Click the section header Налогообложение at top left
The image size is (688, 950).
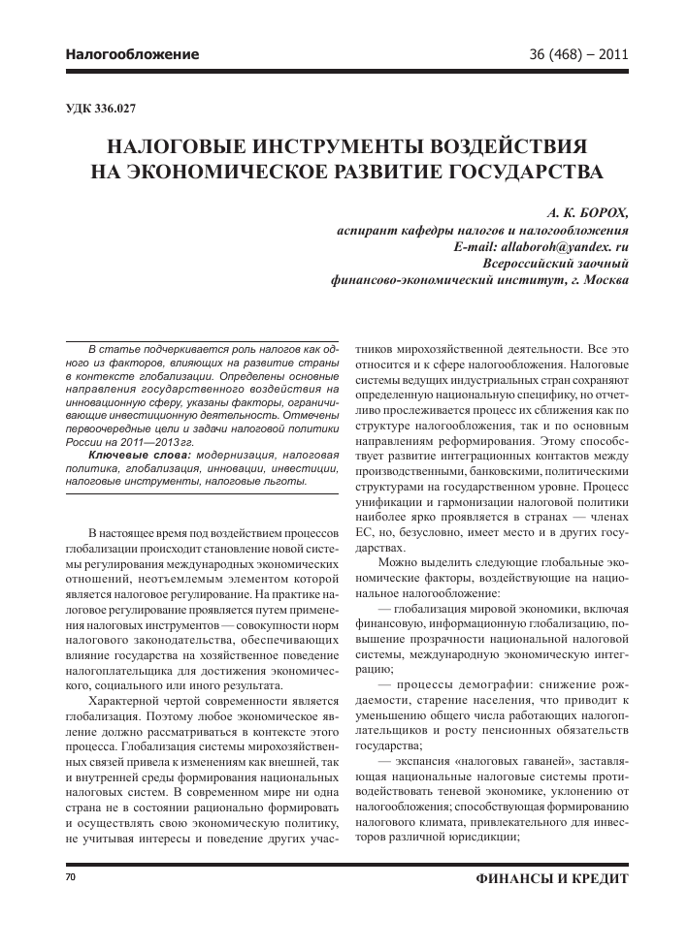tap(132, 54)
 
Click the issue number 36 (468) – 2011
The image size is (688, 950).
tap(574, 54)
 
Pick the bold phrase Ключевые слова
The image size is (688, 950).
tap(139, 454)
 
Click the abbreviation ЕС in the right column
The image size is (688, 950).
tap(366, 533)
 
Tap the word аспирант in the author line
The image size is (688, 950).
tap(360, 230)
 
